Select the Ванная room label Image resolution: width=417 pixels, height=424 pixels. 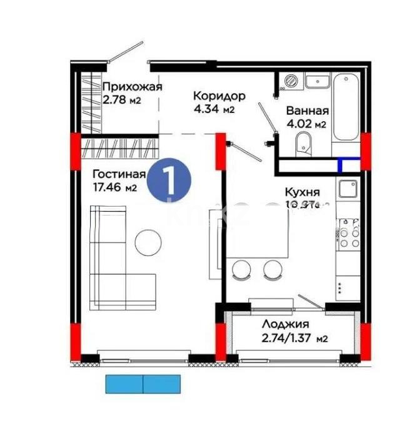coord(307,111)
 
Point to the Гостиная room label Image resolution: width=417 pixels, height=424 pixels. coord(119,174)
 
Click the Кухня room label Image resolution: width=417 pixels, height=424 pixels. coord(302,192)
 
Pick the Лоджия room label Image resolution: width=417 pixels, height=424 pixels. coord(285,324)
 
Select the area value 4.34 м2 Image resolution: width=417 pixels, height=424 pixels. coord(214,110)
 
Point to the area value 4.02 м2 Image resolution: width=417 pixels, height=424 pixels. coord(306,124)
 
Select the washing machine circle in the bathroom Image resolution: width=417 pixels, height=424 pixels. coord(291,81)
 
